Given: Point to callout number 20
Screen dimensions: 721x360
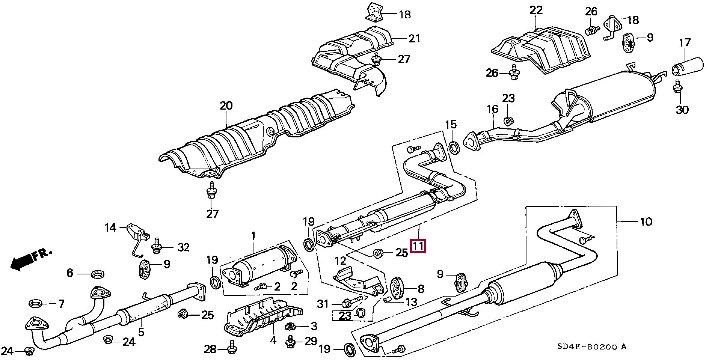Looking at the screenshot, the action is point(226,106).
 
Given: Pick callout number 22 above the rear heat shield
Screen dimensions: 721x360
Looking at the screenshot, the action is point(536,10).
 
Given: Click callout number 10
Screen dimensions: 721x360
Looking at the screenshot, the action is point(646,222).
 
